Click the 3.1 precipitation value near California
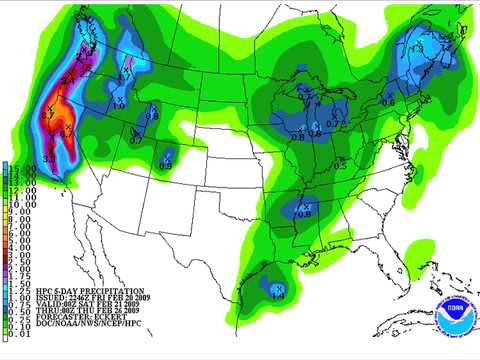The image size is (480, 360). [49, 158]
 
